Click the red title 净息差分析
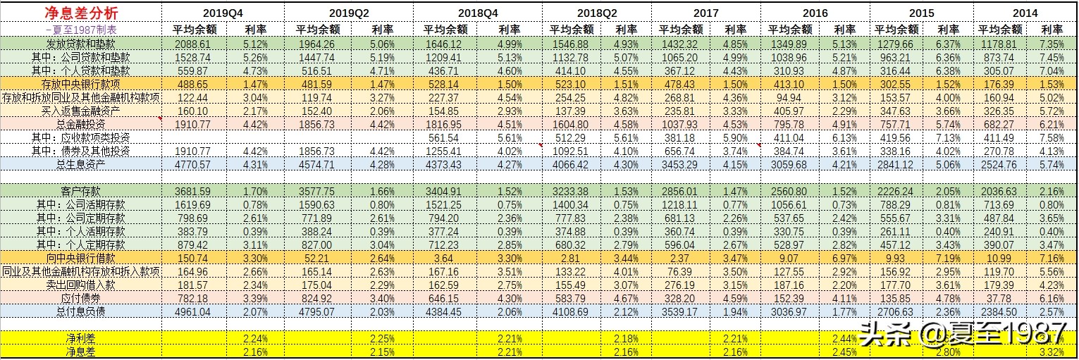80,13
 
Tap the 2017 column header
705,13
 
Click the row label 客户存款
80,191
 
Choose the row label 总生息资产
80,164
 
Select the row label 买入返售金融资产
80,111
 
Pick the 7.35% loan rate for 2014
1052,44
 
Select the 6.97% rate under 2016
844,258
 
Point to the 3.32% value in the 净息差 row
1052,351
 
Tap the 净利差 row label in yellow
80,337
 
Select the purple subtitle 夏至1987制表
80,30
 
